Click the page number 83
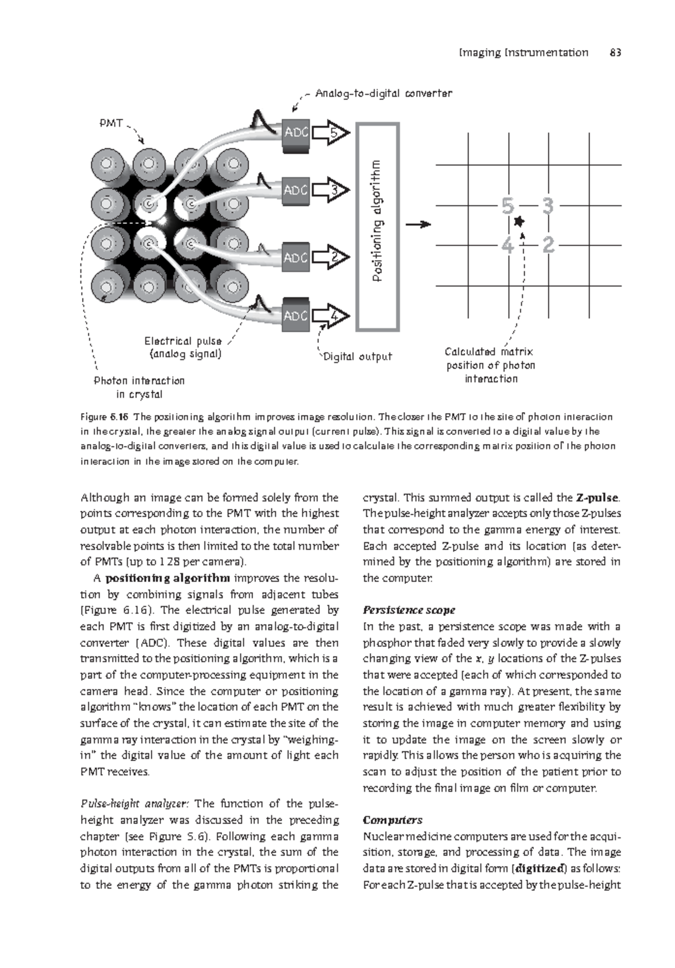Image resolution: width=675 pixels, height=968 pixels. click(x=615, y=53)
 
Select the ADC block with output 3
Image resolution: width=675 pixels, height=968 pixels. click(x=295, y=191)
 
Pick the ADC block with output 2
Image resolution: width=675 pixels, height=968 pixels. click(x=295, y=258)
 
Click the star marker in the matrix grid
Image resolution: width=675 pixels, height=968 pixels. click(x=519, y=222)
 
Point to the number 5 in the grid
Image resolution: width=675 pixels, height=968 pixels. click(x=507, y=207)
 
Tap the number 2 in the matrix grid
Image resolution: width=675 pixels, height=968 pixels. click(x=548, y=245)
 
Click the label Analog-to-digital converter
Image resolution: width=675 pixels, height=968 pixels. click(x=383, y=93)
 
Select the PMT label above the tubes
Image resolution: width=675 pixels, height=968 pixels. click(x=111, y=123)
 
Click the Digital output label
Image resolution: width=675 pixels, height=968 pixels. click(x=357, y=356)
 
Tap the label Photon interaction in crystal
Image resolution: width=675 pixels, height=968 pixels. click(x=139, y=387)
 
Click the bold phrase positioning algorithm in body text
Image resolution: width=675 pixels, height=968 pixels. click(x=168, y=578)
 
